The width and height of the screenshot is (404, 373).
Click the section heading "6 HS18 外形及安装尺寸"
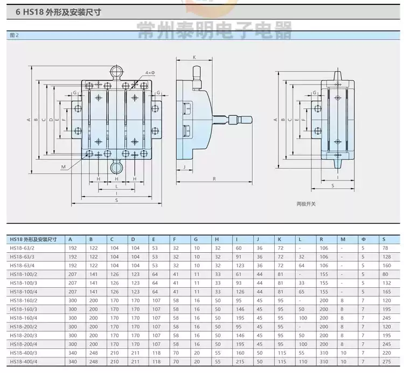[x=58, y=12]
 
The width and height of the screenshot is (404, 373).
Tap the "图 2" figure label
[x=14, y=36]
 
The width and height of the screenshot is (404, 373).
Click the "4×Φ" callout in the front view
[x=150, y=73]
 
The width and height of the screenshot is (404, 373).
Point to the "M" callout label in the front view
[x=64, y=167]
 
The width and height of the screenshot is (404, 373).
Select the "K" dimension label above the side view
[x=194, y=57]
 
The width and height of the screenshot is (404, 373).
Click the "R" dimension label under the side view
[x=214, y=179]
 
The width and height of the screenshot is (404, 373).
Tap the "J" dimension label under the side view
[x=184, y=167]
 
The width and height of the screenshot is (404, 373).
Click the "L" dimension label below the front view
[x=116, y=186]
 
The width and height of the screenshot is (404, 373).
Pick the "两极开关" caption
[x=306, y=204]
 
